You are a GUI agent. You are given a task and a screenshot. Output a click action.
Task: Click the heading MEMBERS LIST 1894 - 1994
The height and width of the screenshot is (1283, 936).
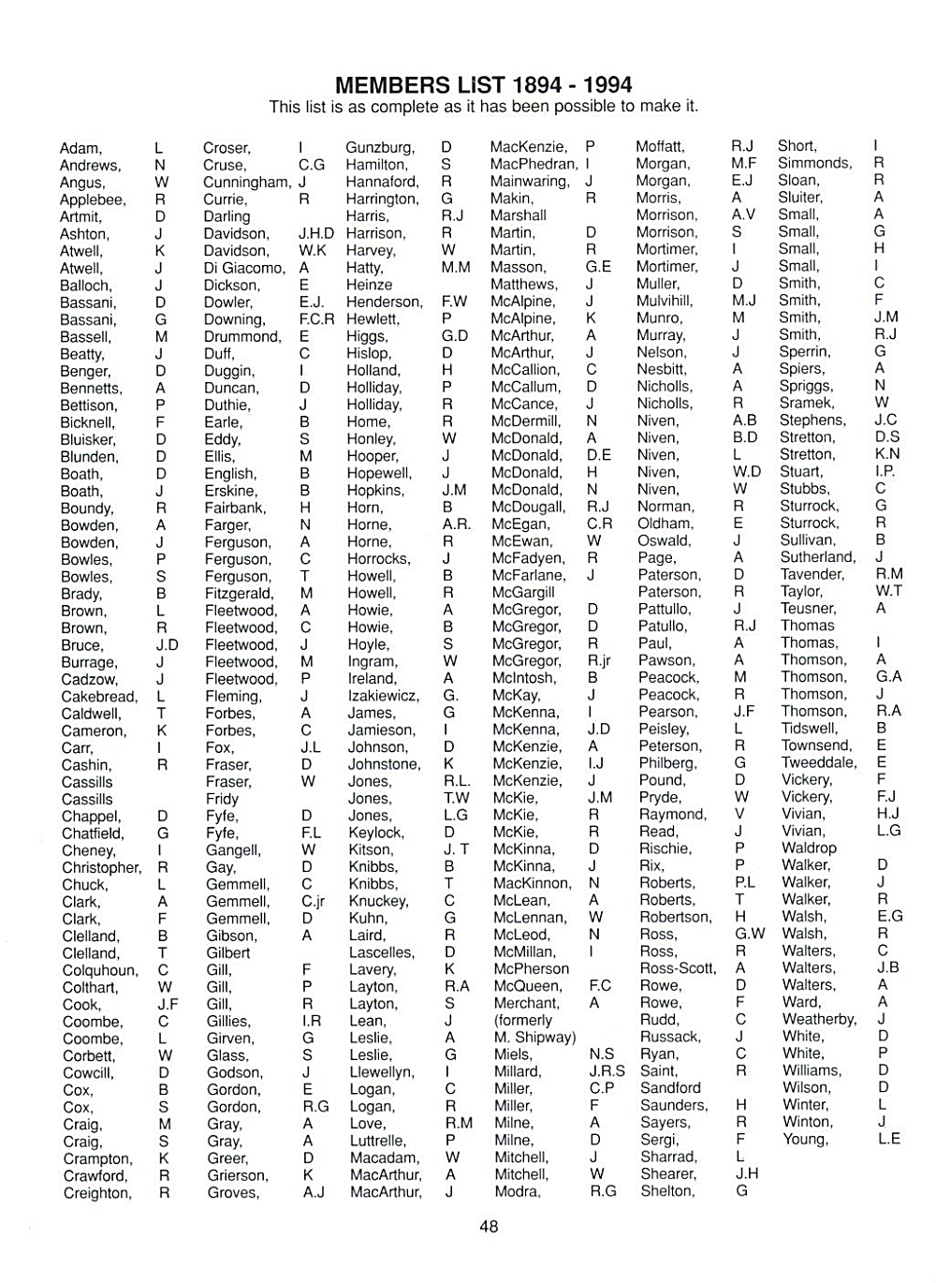click(483, 85)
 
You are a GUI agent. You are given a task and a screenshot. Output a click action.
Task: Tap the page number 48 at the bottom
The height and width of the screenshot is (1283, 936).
click(489, 1226)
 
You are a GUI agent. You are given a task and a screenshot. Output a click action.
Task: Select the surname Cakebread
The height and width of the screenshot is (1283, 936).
click(98, 697)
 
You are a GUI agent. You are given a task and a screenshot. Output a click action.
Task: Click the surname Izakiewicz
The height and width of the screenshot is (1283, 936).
click(383, 696)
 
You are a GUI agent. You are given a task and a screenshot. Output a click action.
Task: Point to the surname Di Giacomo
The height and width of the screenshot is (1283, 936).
click(243, 268)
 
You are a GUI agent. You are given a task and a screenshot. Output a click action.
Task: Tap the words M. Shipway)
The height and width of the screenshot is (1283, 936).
click(534, 1037)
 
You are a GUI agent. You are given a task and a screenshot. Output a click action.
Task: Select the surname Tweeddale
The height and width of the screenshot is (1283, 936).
click(819, 762)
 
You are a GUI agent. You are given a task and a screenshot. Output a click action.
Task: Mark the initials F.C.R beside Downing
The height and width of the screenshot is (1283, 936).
click(316, 319)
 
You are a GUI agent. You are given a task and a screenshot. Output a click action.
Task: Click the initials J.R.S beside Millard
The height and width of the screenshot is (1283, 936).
click(607, 1070)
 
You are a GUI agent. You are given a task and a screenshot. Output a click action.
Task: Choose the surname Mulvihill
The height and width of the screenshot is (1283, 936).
click(665, 301)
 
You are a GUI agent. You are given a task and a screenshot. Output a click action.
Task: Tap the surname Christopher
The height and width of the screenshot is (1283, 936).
click(101, 867)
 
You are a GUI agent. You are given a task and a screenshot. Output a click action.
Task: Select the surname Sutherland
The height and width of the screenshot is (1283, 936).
click(818, 557)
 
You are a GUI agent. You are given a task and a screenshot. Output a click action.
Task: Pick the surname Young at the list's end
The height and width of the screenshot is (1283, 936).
click(805, 1139)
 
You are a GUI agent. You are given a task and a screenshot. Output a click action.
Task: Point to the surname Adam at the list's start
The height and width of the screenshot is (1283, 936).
click(80, 148)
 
